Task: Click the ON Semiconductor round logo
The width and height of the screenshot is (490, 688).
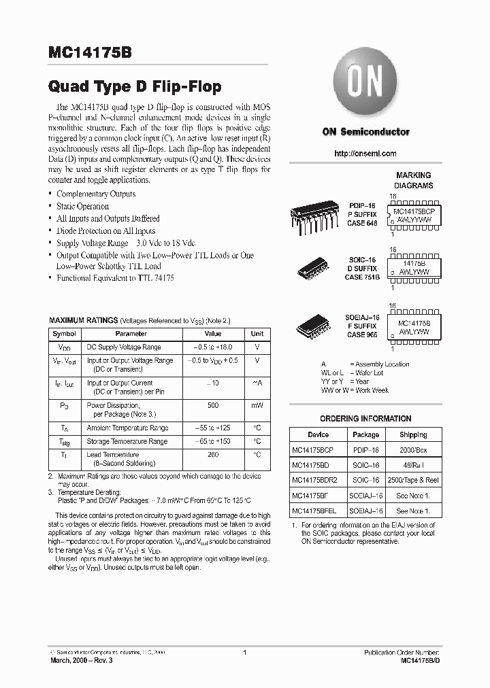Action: tap(365, 86)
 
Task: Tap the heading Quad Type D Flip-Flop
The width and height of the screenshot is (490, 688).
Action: tap(135, 88)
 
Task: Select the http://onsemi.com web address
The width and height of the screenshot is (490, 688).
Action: tap(365, 154)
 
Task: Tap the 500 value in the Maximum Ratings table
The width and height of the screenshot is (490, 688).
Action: tap(213, 405)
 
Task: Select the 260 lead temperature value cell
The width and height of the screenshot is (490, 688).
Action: tap(213, 454)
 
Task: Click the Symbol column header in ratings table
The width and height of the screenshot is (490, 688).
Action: tap(65, 334)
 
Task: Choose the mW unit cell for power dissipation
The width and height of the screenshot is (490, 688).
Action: tap(257, 405)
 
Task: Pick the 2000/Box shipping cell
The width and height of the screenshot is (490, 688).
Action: tap(413, 449)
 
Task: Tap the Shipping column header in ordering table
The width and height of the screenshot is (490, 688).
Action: tap(413, 434)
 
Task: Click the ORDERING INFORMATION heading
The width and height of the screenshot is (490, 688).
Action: tap(365, 419)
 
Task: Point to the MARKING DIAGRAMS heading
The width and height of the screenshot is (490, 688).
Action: tap(414, 180)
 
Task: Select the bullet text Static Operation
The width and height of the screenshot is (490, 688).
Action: tap(82, 206)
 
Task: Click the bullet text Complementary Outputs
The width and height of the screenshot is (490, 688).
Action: tap(96, 194)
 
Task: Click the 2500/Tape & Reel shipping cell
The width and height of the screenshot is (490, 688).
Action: tap(413, 479)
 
